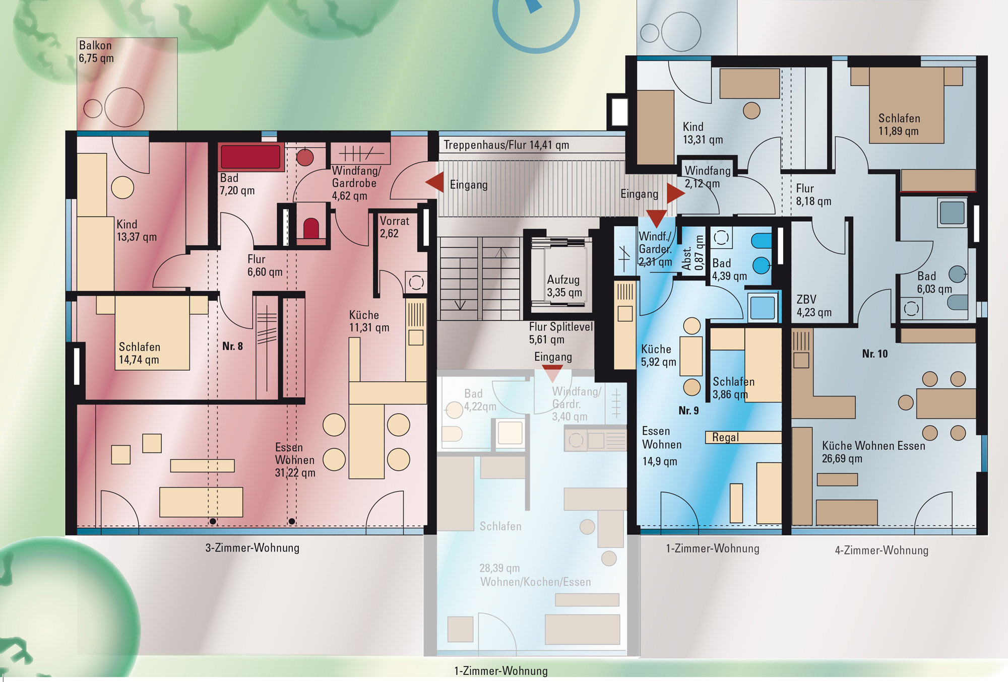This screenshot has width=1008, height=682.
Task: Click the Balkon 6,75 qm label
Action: click(x=96, y=52)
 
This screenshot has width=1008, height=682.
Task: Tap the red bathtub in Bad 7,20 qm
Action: click(x=250, y=157)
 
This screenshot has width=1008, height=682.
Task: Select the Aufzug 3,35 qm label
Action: click(x=564, y=286)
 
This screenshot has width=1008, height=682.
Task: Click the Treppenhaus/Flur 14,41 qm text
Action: click(x=506, y=145)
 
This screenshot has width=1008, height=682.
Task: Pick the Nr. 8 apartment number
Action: click(x=232, y=346)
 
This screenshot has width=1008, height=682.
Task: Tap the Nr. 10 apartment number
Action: click(x=874, y=354)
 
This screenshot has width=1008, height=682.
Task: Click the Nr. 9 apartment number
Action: click(x=688, y=411)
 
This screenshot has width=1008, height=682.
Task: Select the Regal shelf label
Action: click(x=725, y=437)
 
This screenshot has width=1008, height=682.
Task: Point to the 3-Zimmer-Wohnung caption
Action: click(x=252, y=548)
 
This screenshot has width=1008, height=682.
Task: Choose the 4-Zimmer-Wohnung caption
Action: click(x=881, y=550)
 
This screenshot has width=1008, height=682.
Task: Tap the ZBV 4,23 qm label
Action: click(x=814, y=306)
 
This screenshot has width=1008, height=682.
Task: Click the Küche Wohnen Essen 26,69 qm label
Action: click(x=873, y=452)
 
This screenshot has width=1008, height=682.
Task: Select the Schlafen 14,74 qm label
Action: click(x=140, y=353)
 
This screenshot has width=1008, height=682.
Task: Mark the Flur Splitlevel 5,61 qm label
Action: click(x=561, y=333)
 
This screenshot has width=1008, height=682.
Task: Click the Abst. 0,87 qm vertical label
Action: click(x=692, y=253)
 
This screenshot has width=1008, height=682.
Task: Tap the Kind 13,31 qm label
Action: click(x=703, y=133)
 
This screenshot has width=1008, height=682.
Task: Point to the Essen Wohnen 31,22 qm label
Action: click(x=295, y=460)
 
